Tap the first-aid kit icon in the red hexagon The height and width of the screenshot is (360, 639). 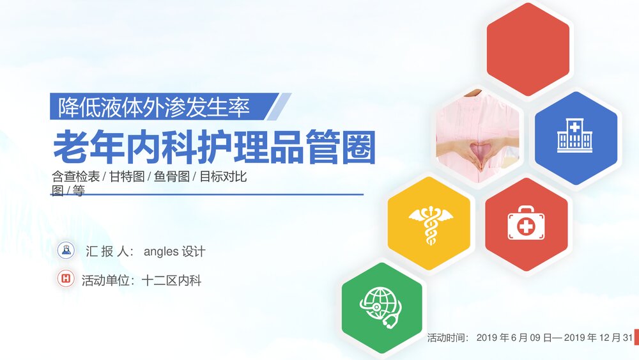pyautogui.click(x=526, y=223)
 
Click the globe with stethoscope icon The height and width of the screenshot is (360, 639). pyautogui.click(x=382, y=308)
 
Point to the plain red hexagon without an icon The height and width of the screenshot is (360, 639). pyautogui.click(x=528, y=49)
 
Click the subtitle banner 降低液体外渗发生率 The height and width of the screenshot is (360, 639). pyautogui.click(x=153, y=107)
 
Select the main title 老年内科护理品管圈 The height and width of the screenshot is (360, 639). pyautogui.click(x=213, y=147)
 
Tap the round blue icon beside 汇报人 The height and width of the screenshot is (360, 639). pyautogui.click(x=66, y=250)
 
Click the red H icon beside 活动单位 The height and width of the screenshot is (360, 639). pyautogui.click(x=66, y=279)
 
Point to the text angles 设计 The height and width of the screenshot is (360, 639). pyautogui.click(x=174, y=251)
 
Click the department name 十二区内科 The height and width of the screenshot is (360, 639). pyautogui.click(x=173, y=280)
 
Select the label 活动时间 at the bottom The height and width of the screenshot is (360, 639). pyautogui.click(x=448, y=337)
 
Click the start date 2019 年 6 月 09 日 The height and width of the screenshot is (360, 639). pyautogui.click(x=516, y=337)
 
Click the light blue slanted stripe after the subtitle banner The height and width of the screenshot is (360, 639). pyautogui.click(x=279, y=107)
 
